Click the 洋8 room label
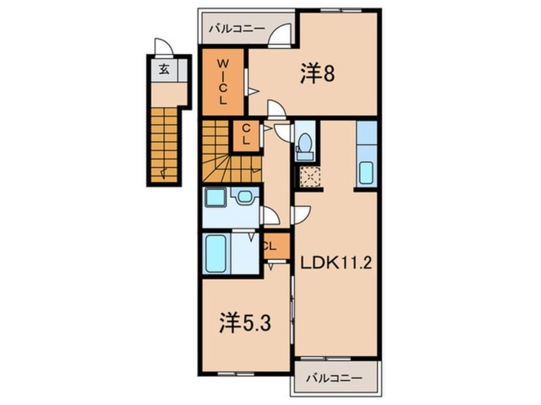[x=317, y=73]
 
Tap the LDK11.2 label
[x=336, y=263]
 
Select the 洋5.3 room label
[x=245, y=323]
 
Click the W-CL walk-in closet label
[x=223, y=82]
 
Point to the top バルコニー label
[x=237, y=28]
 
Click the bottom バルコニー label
[x=334, y=378]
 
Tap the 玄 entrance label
[x=164, y=70]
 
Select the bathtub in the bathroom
[x=216, y=254]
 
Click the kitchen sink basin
[x=366, y=172]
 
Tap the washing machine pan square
[x=216, y=197]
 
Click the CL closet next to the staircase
[x=246, y=135]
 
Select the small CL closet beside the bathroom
[x=277, y=246]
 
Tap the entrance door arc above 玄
[x=163, y=47]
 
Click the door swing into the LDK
[x=301, y=215]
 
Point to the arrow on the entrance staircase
[x=164, y=172]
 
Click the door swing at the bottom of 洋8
[x=276, y=109]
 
